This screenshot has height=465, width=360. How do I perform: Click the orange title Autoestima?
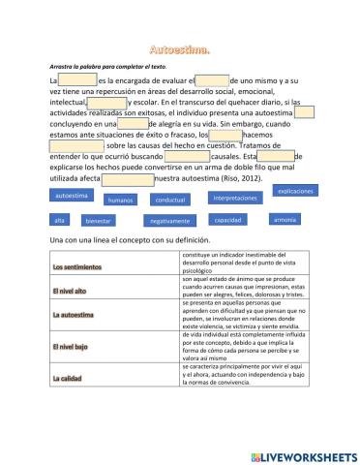click(179, 47)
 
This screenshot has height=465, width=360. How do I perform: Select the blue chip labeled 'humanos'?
click(120, 200)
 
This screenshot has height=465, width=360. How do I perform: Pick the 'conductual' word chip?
click(170, 199)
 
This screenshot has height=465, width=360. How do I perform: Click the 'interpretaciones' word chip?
click(233, 197)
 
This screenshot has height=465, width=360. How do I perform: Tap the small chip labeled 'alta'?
click(60, 220)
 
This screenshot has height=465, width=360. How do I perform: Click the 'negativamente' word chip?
click(168, 220)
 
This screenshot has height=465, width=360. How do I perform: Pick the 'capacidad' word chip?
click(227, 220)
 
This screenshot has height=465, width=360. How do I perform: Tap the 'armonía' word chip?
click(285, 219)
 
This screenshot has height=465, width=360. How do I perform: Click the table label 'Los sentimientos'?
click(77, 266)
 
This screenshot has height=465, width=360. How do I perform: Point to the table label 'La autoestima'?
click(72, 315)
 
